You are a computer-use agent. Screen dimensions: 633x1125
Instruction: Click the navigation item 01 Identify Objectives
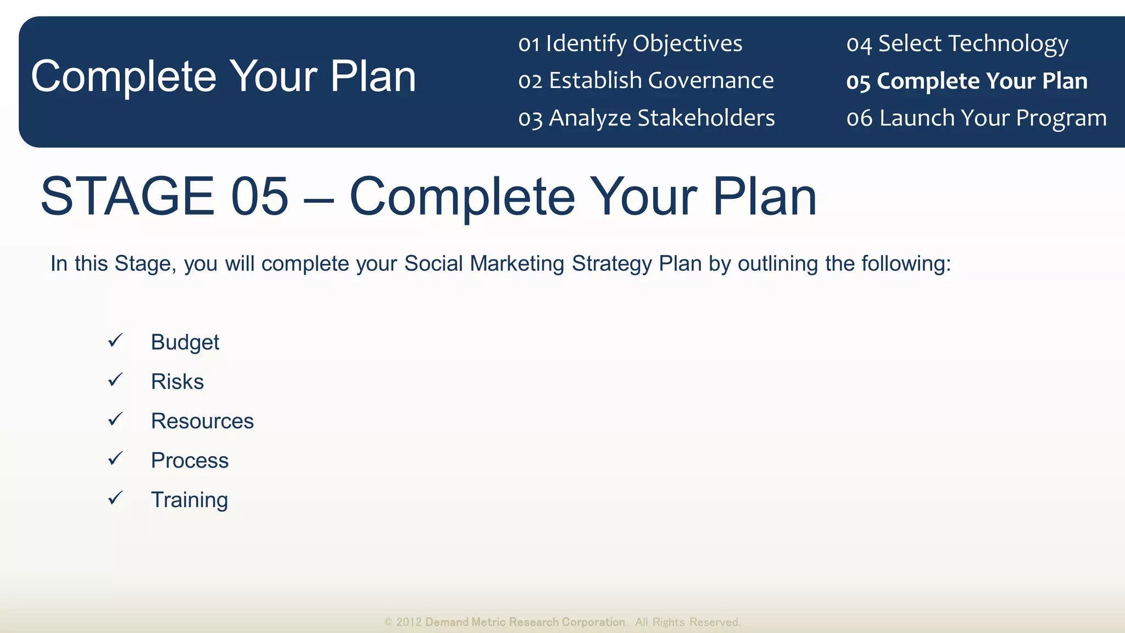[x=630, y=43]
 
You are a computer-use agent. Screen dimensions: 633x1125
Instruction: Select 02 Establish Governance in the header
[x=646, y=81]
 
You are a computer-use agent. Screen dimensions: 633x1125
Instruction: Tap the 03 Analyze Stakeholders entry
[x=647, y=118]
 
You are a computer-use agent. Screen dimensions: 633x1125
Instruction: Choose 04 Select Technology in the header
[x=957, y=43]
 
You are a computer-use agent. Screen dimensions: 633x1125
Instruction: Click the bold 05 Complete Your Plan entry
[x=967, y=81]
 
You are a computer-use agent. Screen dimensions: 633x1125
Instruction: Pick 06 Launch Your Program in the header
[x=977, y=118]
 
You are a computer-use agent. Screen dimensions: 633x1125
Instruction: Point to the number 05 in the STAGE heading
[x=259, y=196]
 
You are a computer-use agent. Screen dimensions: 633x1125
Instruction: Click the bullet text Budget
[x=185, y=342]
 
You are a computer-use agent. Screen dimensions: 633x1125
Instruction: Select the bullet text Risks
[x=177, y=382]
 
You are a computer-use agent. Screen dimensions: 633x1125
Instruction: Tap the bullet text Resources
[x=202, y=421]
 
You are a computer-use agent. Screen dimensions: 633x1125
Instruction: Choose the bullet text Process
[x=190, y=460]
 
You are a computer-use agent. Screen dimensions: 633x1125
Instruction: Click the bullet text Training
[x=190, y=500]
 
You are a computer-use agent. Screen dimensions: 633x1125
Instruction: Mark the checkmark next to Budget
[x=115, y=341]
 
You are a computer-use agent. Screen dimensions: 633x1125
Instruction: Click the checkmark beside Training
[x=115, y=498]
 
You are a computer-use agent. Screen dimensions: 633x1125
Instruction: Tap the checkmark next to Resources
[x=115, y=419]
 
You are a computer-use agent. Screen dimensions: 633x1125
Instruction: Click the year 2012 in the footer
[x=409, y=622]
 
